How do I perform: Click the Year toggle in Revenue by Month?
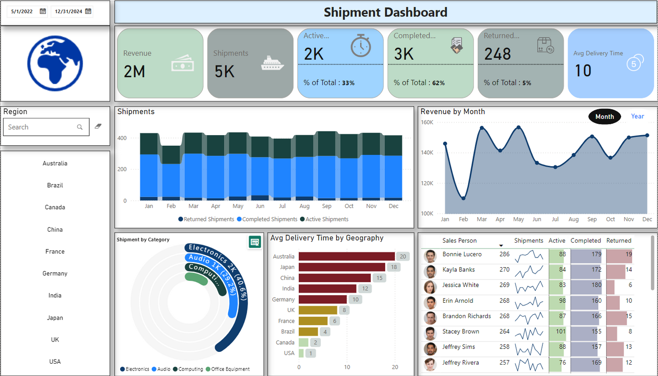(x=637, y=117)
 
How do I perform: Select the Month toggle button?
(x=604, y=117)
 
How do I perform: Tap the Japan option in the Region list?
(x=55, y=318)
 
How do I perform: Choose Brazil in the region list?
(x=55, y=185)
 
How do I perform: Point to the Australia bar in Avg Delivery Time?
(x=347, y=256)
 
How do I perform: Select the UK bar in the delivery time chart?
(x=318, y=310)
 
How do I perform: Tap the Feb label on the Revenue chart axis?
(x=463, y=219)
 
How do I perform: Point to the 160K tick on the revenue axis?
(x=427, y=122)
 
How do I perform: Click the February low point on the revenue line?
(x=463, y=198)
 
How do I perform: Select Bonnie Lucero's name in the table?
(x=462, y=254)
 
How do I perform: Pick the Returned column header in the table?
(x=619, y=240)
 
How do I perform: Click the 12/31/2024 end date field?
(x=68, y=11)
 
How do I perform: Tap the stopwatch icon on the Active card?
(x=361, y=46)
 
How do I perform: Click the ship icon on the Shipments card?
(x=272, y=64)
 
